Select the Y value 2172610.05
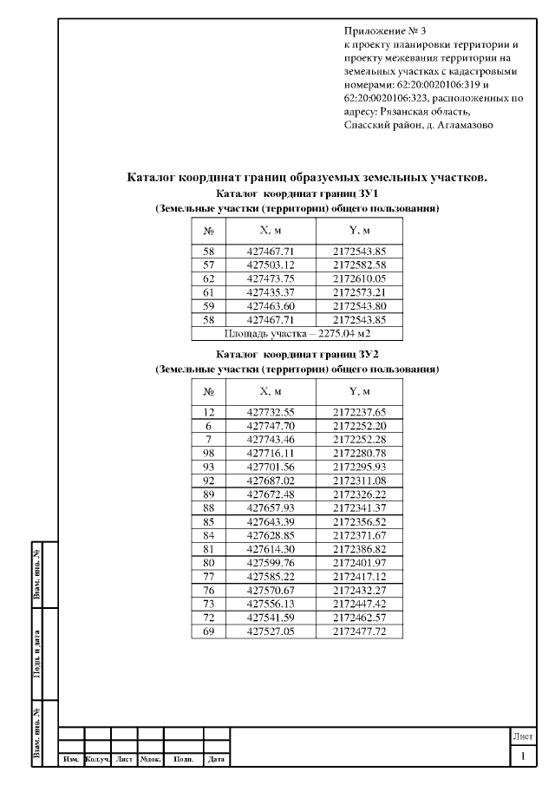[x=359, y=278]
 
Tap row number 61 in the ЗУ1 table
[x=208, y=291]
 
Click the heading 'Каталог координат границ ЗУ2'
[x=297, y=355]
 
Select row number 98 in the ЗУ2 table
[x=208, y=453]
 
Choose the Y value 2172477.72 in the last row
[x=359, y=631]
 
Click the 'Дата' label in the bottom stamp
[x=217, y=760]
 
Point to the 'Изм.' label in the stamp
[x=70, y=760]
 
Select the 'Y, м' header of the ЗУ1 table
[x=359, y=231]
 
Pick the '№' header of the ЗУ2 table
[x=208, y=391]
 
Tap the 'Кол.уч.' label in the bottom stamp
[x=98, y=760]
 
